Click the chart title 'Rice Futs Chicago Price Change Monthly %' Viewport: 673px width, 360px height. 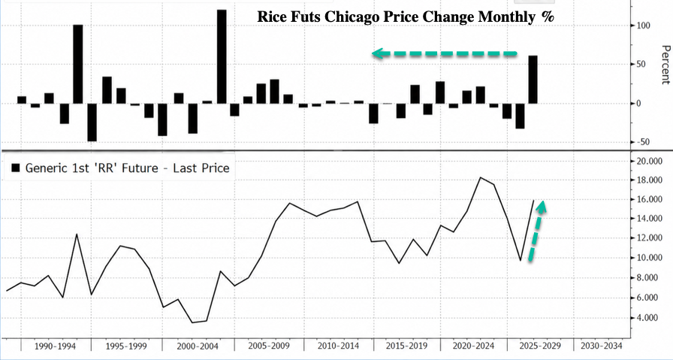406,17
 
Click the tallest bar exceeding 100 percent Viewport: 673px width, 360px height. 222,56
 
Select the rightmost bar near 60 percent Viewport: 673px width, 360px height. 533,80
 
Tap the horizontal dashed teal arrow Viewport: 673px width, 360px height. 445,53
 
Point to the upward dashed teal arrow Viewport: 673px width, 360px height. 536,230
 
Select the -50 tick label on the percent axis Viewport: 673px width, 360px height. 644,142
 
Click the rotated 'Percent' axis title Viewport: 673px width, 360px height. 665,65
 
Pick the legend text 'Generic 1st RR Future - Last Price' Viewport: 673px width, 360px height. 128,168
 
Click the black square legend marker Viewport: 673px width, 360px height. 16,168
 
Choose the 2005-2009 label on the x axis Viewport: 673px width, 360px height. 270,346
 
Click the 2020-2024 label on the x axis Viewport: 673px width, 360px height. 474,346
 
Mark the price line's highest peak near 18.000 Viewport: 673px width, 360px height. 480,177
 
